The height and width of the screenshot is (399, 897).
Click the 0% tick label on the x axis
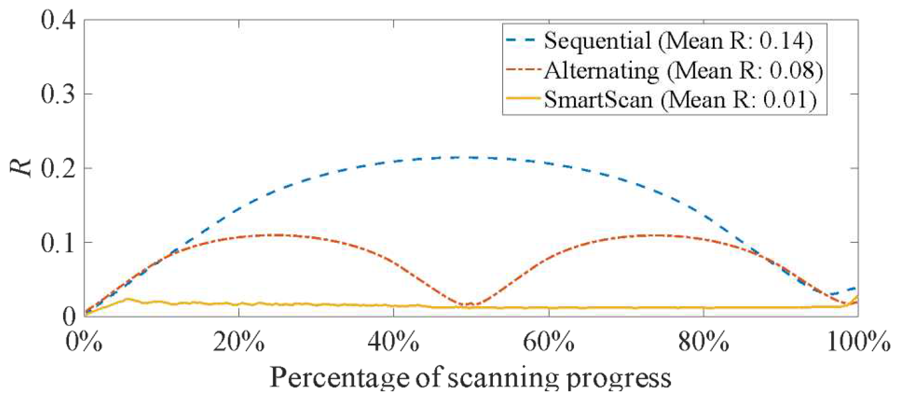[83, 343]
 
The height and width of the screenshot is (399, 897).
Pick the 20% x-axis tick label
[238, 343]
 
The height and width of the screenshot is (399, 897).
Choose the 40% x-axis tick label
[394, 343]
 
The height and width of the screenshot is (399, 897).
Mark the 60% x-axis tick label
[549, 343]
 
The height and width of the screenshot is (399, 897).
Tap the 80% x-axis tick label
[704, 343]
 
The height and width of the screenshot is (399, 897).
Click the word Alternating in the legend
[602, 71]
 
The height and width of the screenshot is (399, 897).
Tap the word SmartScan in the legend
[598, 100]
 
